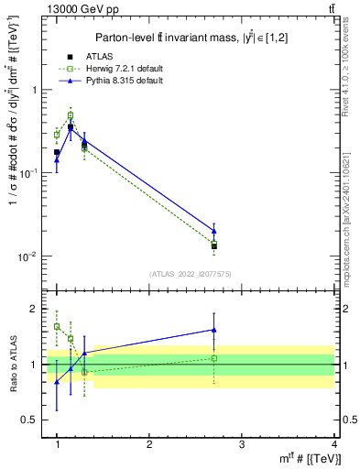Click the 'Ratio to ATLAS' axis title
(12, 365)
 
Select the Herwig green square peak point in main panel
(71, 115)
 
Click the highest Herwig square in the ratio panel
(57, 326)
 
